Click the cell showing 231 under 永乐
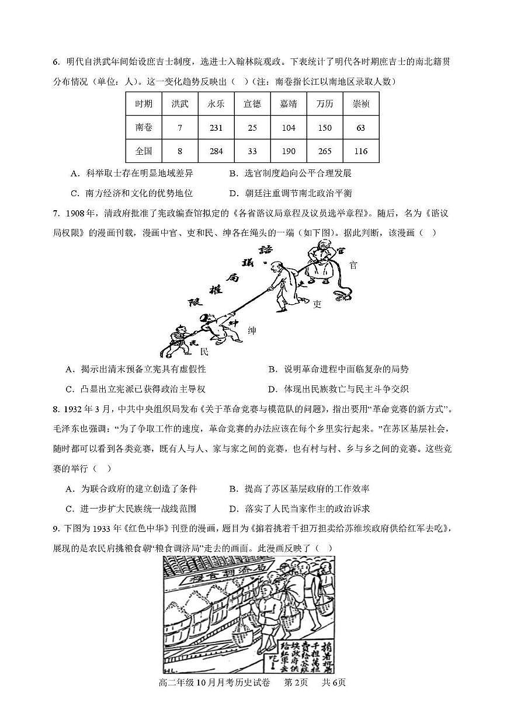tap(216, 128)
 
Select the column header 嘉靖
tap(288, 104)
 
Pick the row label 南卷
tap(144, 128)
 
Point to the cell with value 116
tap(360, 151)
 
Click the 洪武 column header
tap(180, 104)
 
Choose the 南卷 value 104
tap(288, 128)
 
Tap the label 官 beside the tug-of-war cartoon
tap(353, 265)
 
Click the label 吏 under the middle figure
tap(317, 304)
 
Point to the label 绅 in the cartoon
tap(252, 331)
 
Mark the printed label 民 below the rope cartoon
tap(204, 353)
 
